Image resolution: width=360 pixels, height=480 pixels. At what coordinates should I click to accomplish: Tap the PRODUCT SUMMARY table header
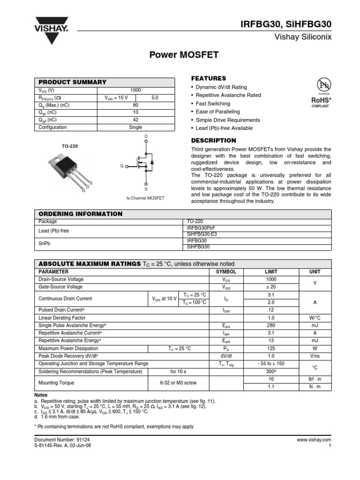point(72,82)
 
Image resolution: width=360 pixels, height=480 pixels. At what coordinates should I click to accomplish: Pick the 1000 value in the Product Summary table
point(135,90)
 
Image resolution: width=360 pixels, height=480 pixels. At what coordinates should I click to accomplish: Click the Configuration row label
point(52,127)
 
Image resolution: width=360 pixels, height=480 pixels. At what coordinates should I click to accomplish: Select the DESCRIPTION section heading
point(213,141)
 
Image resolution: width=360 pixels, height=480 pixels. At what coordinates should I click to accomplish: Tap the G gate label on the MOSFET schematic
point(122,166)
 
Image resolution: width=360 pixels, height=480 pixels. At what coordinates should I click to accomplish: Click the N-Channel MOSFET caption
point(146,198)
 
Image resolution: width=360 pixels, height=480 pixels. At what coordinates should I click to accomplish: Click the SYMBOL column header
point(226,272)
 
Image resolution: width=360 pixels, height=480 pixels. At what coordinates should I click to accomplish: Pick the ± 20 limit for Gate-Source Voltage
point(271,287)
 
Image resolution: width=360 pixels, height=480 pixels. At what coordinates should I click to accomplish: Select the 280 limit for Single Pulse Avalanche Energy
point(271,325)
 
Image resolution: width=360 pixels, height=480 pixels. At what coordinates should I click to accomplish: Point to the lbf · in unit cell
point(315,379)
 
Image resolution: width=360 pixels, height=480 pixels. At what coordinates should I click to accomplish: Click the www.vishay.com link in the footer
point(314,440)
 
